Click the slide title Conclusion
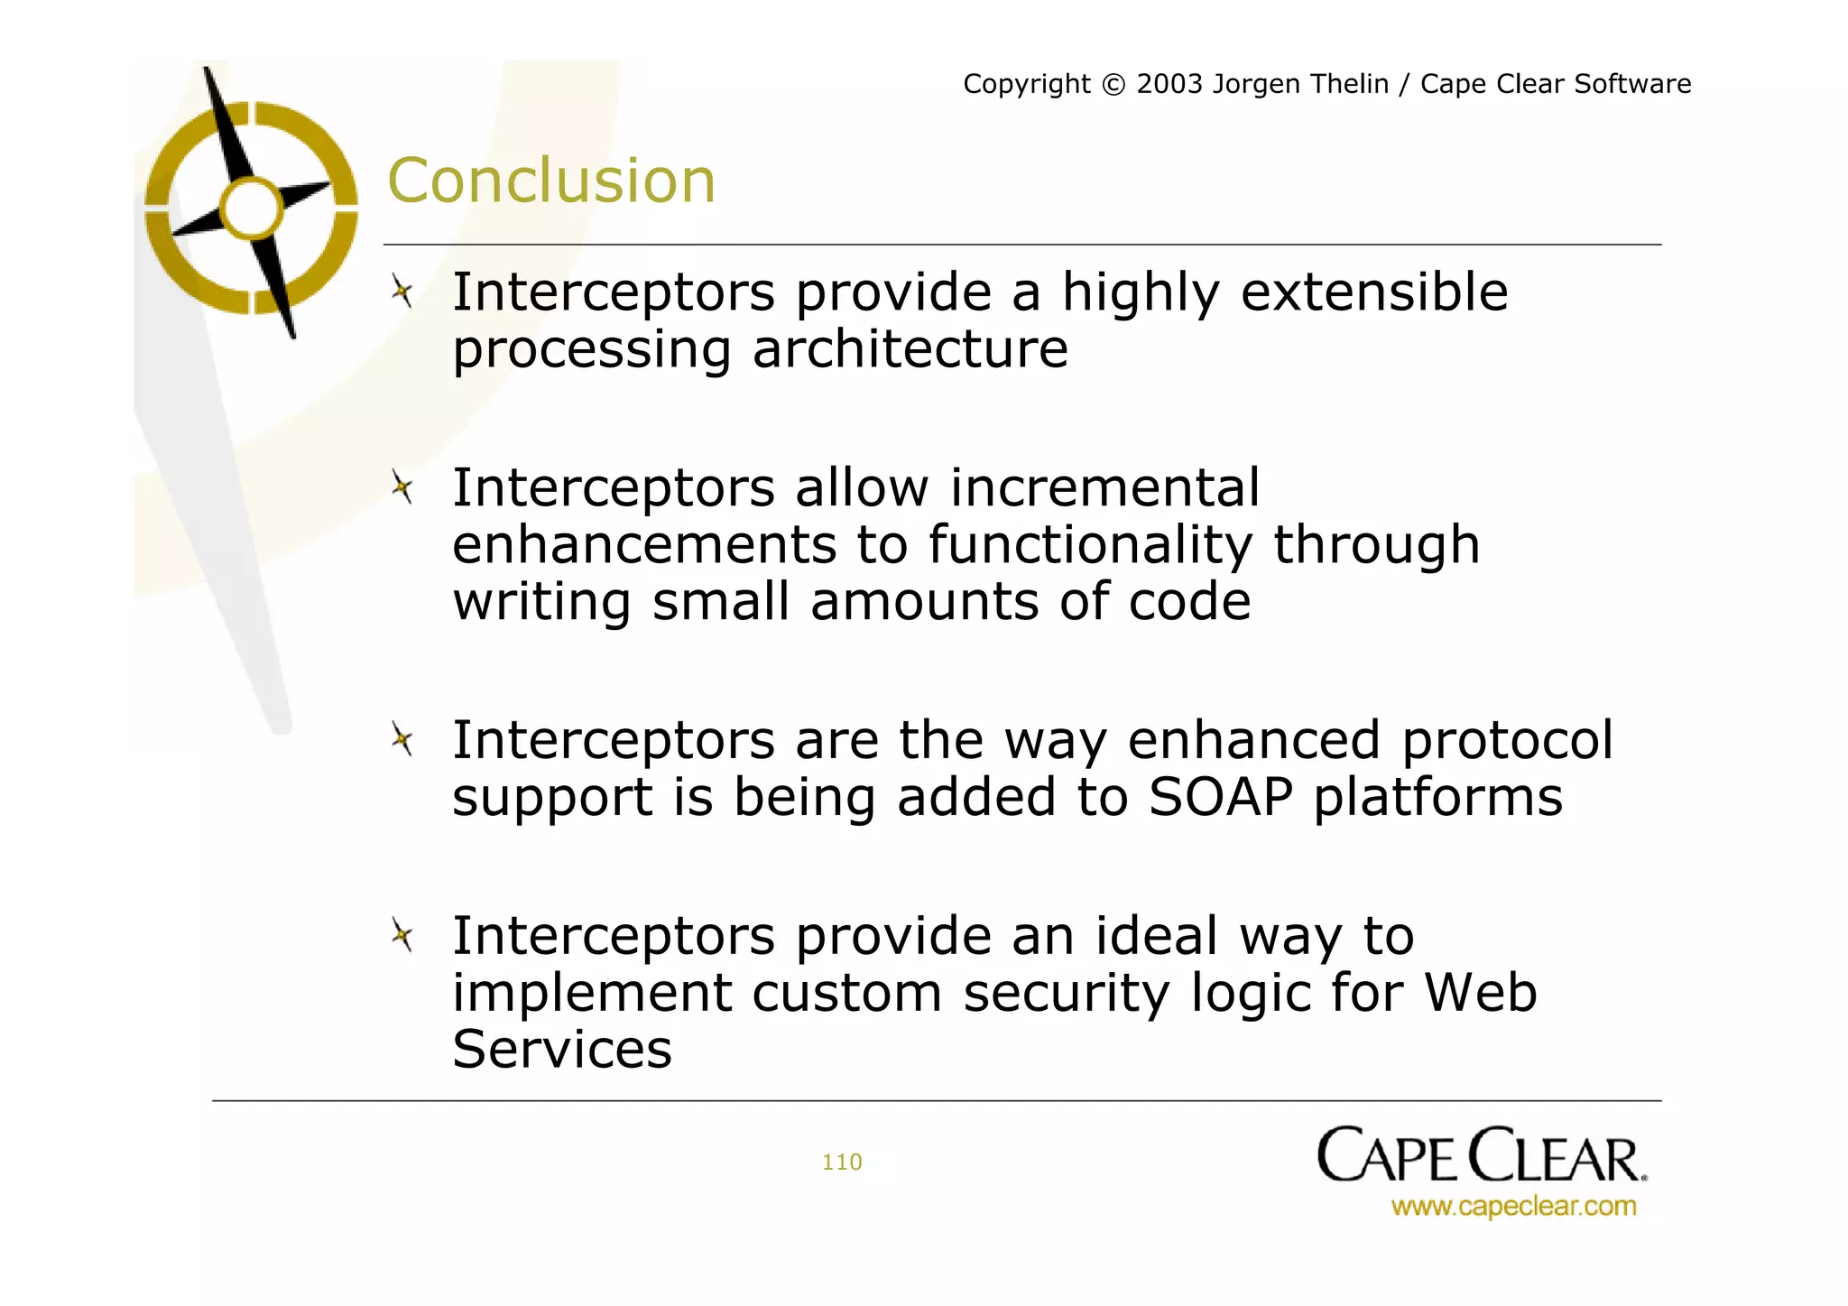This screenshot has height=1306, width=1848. (550, 181)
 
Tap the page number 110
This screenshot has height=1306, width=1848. (841, 1162)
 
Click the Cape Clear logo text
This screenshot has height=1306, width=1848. (1481, 1156)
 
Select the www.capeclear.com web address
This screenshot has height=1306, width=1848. (1513, 1206)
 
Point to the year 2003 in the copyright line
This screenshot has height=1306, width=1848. (1169, 84)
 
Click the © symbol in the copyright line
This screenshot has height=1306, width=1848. (1113, 85)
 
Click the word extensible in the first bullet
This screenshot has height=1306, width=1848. (1373, 292)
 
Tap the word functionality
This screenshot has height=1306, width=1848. (1090, 545)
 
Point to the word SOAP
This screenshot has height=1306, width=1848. (1220, 797)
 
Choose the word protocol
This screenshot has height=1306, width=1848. (1506, 741)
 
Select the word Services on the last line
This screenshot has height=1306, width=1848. (561, 1050)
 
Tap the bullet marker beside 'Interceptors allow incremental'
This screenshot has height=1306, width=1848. (402, 488)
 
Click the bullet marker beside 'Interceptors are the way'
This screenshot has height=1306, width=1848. (402, 741)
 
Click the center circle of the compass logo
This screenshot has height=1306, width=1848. (252, 208)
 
